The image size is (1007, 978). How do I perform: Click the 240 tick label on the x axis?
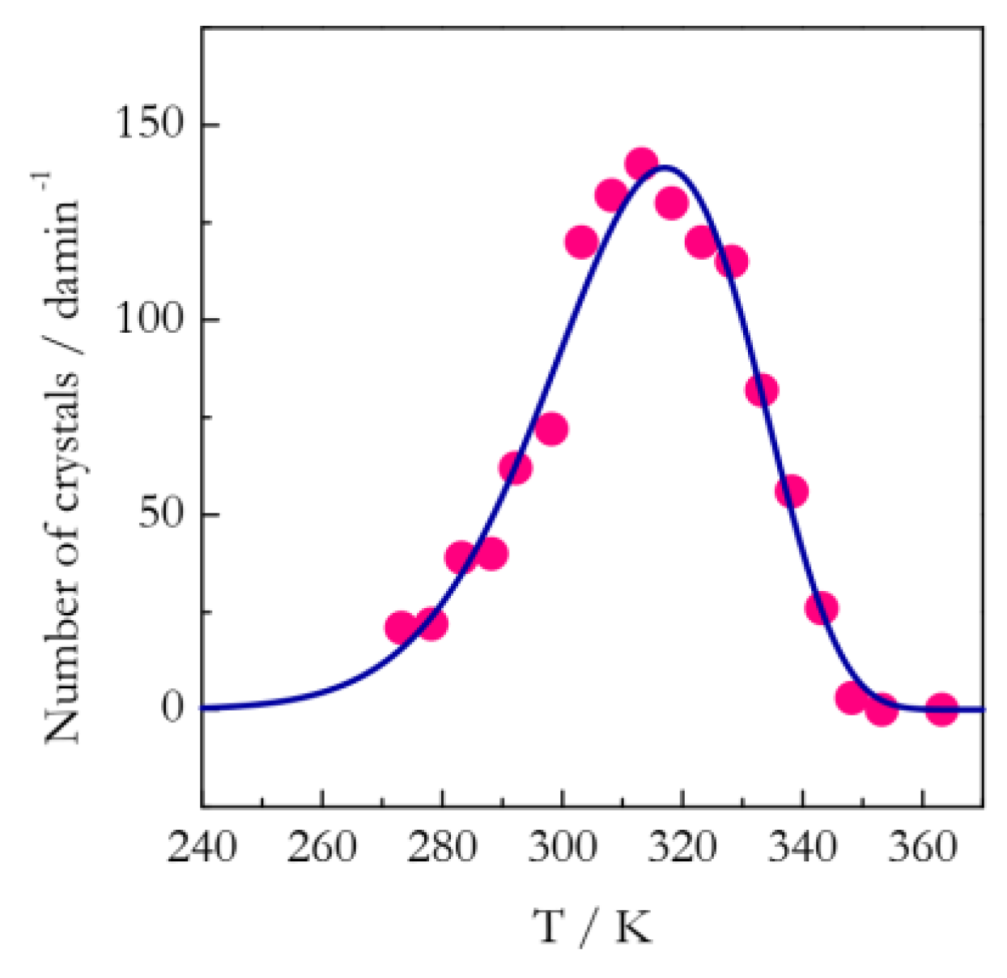pos(202,848)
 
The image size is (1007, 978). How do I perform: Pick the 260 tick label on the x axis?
pos(322,848)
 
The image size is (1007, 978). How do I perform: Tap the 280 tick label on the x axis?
pos(442,848)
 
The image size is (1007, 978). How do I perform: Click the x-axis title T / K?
pos(593,926)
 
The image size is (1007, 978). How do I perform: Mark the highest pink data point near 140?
pos(641,164)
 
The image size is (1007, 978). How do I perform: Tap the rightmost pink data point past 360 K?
pos(941,709)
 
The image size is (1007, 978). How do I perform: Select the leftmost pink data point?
pos(401,627)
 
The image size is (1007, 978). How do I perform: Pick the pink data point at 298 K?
pos(550,429)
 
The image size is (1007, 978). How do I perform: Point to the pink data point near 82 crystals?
pos(762,391)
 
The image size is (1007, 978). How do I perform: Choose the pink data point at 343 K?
pos(822,607)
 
